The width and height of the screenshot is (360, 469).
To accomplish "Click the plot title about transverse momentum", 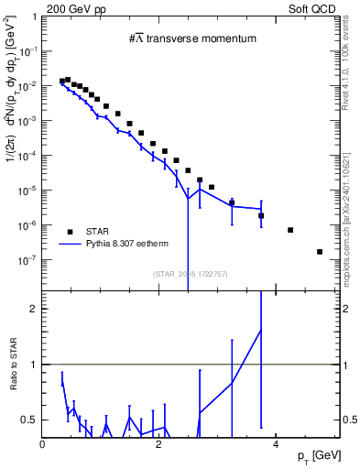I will pyautogui.click(x=191, y=38).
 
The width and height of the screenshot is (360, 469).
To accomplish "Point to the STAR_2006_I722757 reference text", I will pyautogui.click(x=191, y=273).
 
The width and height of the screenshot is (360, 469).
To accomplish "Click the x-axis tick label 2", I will pyautogui.click(x=159, y=444).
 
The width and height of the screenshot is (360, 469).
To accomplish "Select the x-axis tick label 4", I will pyautogui.click(x=276, y=444).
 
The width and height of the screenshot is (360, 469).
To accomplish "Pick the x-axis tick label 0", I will pyautogui.click(x=43, y=444).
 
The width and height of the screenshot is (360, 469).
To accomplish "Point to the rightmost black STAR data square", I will pyautogui.click(x=320, y=252).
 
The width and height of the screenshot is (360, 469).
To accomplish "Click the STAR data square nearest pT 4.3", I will pyautogui.click(x=290, y=230).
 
